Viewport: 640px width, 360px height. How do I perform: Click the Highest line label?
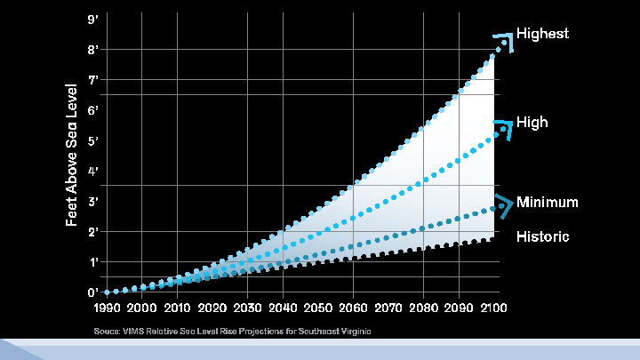542,34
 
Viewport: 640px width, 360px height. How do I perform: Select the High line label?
532,123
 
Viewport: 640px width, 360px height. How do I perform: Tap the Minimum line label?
548,203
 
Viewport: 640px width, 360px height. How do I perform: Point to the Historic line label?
543,238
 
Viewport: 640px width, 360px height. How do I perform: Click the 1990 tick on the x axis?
108,308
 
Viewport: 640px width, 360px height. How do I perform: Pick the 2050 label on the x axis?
318,308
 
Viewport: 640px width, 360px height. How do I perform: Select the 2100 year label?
493,308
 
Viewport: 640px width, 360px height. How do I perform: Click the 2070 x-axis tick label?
388,308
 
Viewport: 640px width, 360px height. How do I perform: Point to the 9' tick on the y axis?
92,20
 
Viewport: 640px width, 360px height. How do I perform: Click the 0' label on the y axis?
92,292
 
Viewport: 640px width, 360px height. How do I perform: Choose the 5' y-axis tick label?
92,141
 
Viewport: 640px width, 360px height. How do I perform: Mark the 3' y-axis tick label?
92,202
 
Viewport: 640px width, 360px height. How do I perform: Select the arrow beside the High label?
505,127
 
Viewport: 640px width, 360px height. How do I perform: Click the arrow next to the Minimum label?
505,204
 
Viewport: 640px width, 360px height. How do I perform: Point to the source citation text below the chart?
232,332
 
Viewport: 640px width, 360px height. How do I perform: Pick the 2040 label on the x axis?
283,308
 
